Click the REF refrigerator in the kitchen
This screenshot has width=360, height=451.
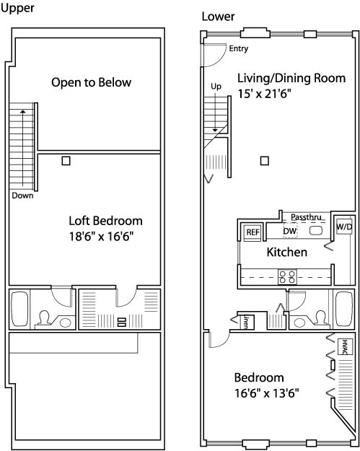(253, 232)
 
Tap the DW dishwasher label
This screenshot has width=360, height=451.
(289, 231)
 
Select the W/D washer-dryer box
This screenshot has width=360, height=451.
(344, 227)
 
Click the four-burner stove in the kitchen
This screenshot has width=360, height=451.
(287, 276)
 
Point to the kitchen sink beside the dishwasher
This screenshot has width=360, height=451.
(316, 231)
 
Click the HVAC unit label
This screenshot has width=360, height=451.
(345, 346)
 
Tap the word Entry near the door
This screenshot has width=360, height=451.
(238, 48)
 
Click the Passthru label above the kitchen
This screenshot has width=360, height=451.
(306, 217)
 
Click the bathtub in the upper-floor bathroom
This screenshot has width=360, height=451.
(20, 309)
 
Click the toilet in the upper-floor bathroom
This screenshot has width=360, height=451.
(44, 319)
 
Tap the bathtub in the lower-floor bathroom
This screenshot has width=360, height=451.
(344, 308)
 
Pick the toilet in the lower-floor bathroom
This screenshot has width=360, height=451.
(320, 318)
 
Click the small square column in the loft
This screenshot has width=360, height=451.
(66, 161)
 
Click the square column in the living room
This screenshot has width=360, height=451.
(265, 161)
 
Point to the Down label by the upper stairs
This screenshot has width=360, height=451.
(22, 196)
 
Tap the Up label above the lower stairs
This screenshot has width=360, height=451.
(216, 87)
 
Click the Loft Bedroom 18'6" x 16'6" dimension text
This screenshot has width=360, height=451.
(102, 237)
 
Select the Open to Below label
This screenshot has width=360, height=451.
(91, 82)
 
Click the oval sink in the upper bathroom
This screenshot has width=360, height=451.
(65, 323)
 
